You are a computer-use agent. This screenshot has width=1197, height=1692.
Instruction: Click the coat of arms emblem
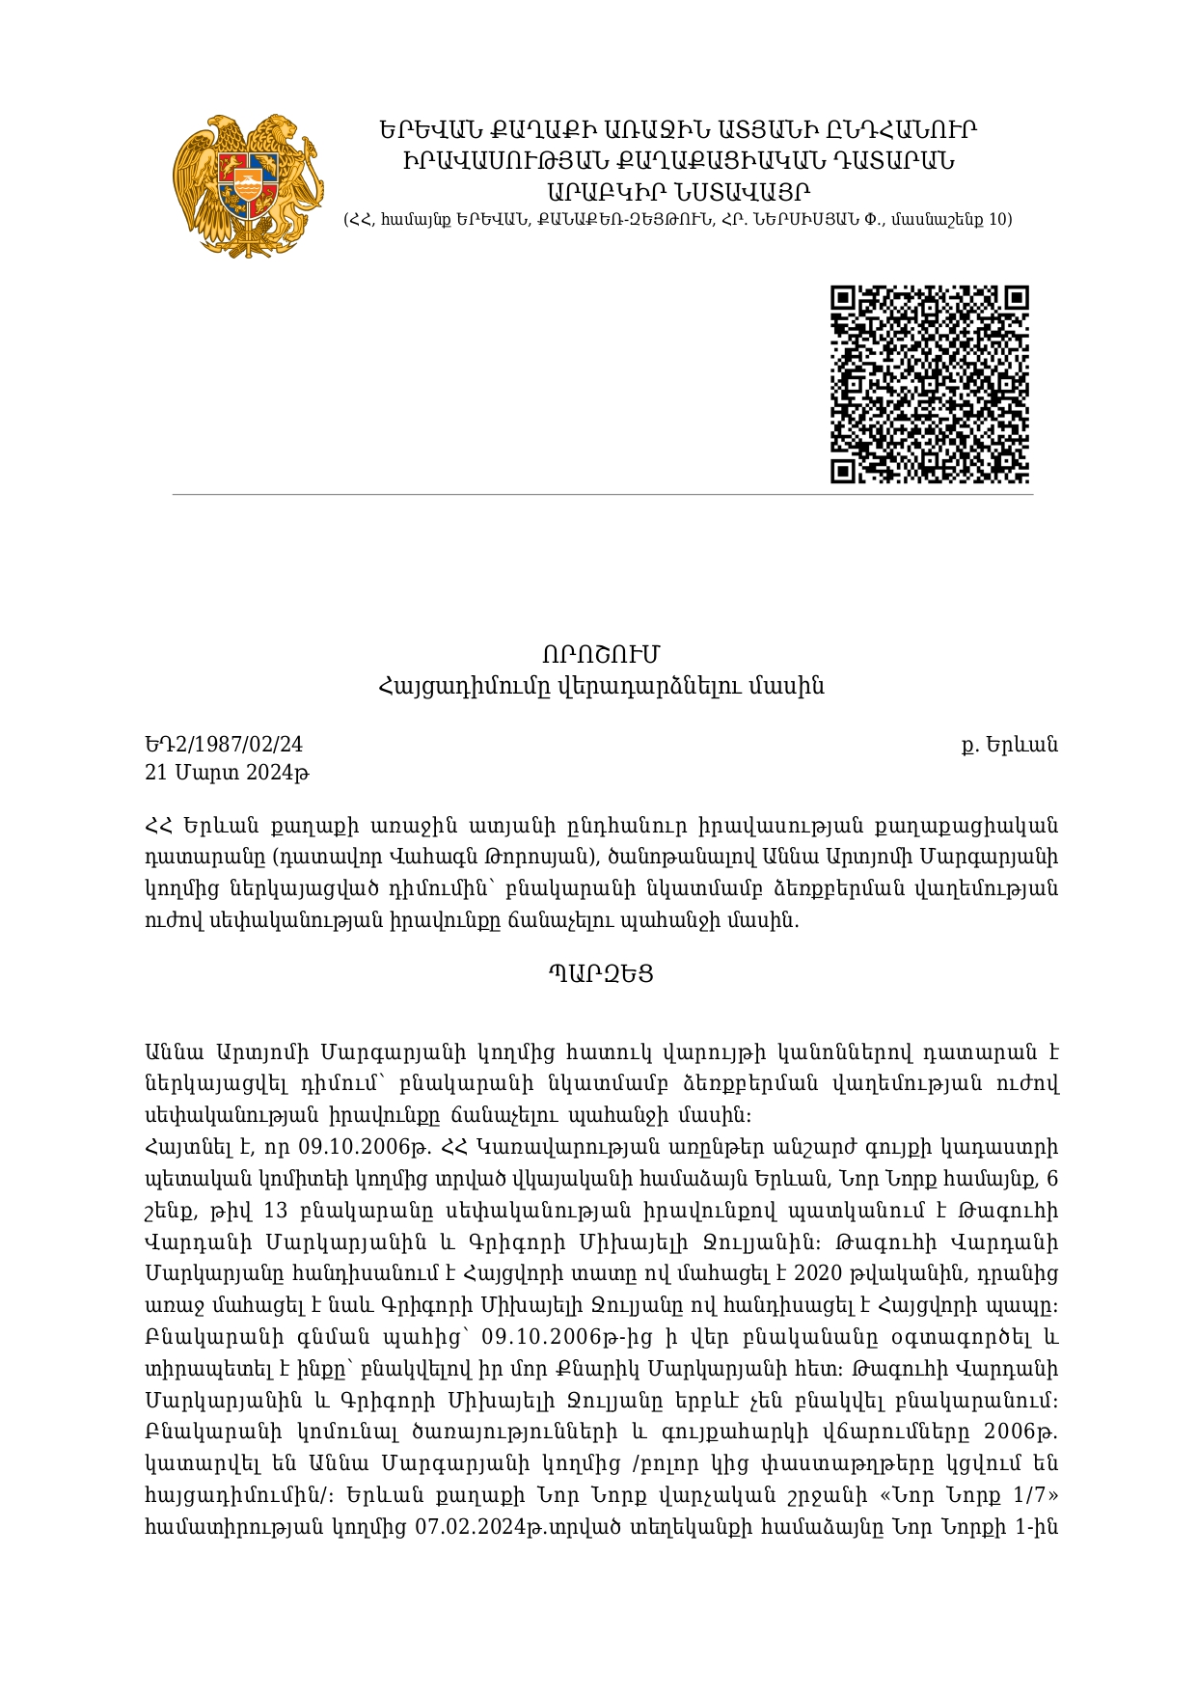248,185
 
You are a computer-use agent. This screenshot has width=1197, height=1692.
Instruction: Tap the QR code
930,384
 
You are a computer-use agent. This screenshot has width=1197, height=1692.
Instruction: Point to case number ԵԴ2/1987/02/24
224,744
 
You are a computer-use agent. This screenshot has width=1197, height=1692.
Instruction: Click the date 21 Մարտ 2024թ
227,773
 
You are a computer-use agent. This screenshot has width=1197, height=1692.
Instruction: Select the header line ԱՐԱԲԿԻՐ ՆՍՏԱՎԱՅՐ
678,191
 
